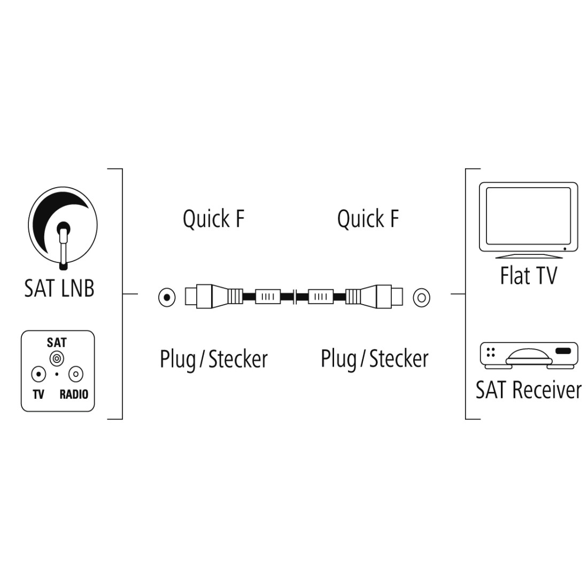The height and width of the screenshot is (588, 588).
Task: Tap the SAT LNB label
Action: point(59,288)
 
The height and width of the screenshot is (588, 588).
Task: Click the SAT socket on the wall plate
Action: point(57,359)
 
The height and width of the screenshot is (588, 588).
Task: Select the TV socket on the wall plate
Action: point(38,374)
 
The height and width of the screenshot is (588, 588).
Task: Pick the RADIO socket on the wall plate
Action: point(76,374)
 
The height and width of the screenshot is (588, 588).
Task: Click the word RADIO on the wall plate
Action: point(74,394)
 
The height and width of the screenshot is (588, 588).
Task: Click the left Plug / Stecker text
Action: point(214,359)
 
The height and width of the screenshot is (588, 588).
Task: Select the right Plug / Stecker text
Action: point(375,359)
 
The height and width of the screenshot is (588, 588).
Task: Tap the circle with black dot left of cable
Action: point(167,298)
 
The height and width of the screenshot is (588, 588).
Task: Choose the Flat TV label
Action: point(528,276)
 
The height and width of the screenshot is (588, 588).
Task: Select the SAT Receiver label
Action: point(528,390)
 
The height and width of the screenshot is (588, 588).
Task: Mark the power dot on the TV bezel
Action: point(565,249)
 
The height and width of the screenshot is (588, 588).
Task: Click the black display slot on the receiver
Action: point(563,351)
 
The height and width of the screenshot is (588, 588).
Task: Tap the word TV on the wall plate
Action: point(38,394)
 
